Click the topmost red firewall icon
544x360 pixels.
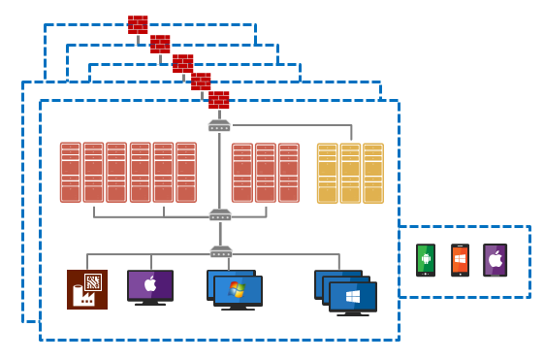tap(138, 24)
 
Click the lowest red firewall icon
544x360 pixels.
tap(219, 100)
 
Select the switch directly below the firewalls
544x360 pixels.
tap(219, 126)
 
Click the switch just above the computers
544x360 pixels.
tap(221, 252)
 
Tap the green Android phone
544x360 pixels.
tap(426, 260)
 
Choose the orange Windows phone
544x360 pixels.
tap(461, 260)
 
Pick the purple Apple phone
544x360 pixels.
tap(496, 260)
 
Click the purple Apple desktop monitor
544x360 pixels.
tap(150, 286)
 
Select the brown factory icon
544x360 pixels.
tap(87, 289)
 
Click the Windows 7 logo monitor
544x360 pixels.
tap(238, 291)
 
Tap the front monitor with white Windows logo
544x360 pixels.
tap(353, 297)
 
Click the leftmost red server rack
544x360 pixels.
tap(71, 173)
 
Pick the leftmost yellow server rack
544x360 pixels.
tap(328, 173)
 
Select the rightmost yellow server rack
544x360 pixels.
tap(373, 173)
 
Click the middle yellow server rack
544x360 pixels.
tap(350, 173)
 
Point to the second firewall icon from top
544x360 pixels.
tap(160, 44)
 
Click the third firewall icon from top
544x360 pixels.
tap(182, 63)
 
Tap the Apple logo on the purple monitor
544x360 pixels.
tap(150, 284)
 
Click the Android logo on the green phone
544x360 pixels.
tap(426, 258)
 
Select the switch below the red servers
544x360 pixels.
tap(220, 214)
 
